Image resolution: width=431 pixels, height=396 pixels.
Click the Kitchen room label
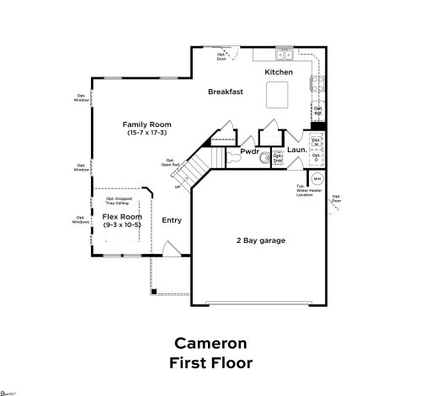(x=279, y=72)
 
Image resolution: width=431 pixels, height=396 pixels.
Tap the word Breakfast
(x=226, y=92)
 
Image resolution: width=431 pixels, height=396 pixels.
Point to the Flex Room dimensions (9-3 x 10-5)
(x=121, y=224)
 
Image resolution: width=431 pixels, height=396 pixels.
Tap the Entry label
(x=172, y=220)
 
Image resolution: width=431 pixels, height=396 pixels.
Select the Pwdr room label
(x=249, y=152)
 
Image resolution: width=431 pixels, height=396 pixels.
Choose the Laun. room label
(x=296, y=150)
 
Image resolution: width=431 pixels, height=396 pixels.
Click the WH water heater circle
(x=317, y=179)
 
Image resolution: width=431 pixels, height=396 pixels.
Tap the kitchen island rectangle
(x=279, y=97)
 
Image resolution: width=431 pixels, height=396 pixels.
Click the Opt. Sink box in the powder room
(x=278, y=157)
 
